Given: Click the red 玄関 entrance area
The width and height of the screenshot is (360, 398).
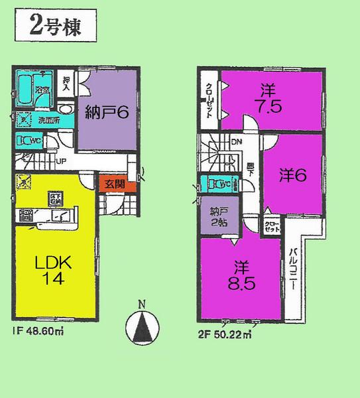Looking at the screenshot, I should (x=109, y=184).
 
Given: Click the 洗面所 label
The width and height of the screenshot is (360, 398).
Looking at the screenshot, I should (x=47, y=121).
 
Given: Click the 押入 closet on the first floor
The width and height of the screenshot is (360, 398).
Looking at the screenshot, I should (x=66, y=86).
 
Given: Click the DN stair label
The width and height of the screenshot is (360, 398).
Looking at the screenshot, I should (x=235, y=141).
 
